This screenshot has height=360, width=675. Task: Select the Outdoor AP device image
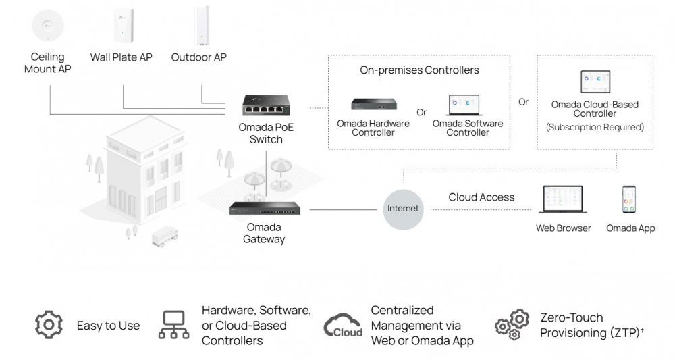pos(200,26)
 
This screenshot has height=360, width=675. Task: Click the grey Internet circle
pos(403,209)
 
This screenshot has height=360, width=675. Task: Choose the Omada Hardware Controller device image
pos(373,105)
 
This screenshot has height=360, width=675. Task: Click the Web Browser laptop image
pos(564,201)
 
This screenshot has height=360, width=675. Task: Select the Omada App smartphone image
pos(630,200)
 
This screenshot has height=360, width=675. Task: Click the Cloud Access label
pos(481,197)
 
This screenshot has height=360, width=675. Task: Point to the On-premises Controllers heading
pos(419,70)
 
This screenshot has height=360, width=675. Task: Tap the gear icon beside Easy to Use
pos(49,325)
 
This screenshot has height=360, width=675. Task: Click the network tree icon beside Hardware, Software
pos(174,325)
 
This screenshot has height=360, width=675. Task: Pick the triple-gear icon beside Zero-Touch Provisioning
pos(512,325)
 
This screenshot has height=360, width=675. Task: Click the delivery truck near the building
pos(165,236)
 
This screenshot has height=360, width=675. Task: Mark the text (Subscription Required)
pos(595,127)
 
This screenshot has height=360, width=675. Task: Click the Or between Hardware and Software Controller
pos(421,113)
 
